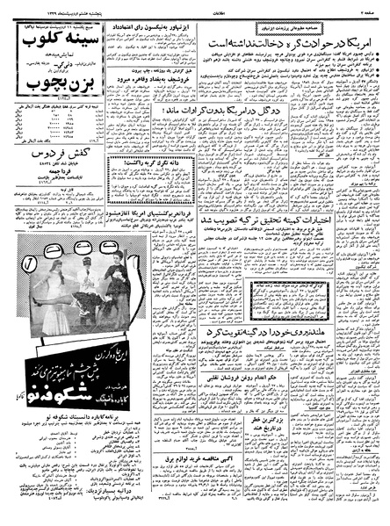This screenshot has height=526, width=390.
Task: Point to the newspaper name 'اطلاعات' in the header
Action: [x=196, y=4]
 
